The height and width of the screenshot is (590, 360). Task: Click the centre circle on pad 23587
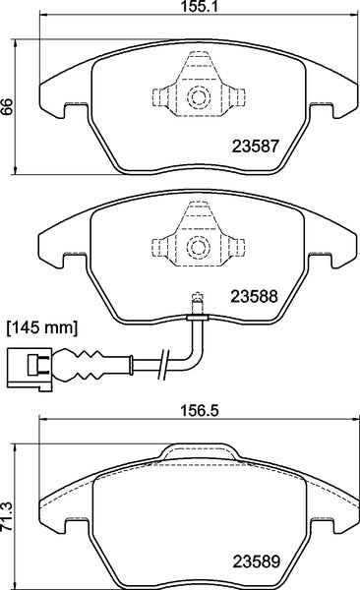(x=197, y=96)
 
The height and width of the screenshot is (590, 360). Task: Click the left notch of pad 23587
(x=69, y=110)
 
